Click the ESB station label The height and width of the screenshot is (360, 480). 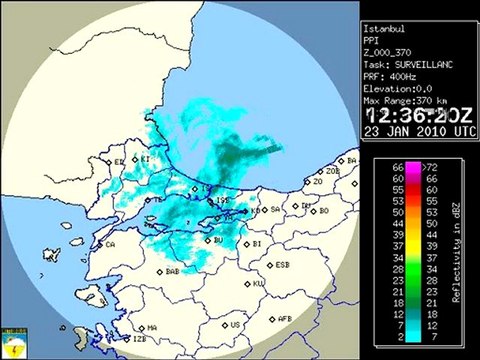click(x=283, y=265)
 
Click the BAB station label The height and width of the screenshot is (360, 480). click(x=172, y=271)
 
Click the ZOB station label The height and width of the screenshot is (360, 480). click(x=333, y=171)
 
